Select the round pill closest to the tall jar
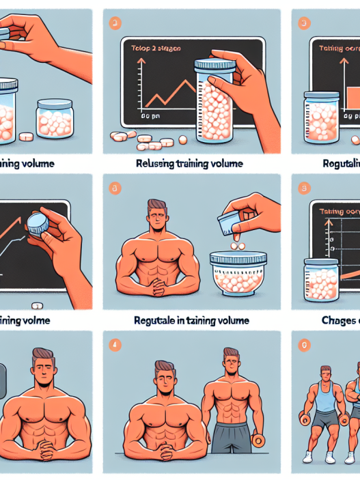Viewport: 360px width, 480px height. click(x=182, y=139)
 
